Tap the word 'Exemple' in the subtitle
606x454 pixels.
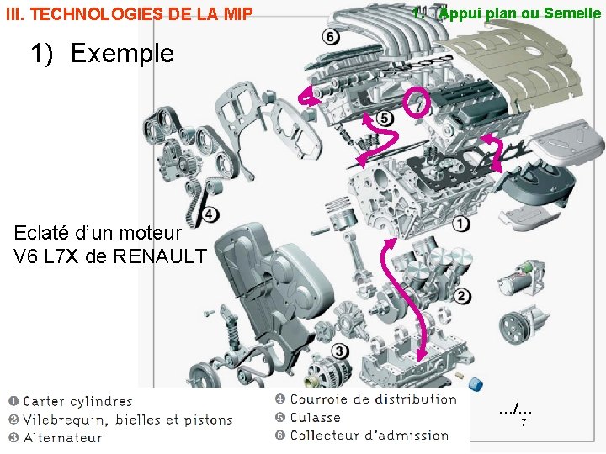click(122, 53)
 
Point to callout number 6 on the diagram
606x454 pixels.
click(330, 36)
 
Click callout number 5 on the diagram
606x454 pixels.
click(385, 118)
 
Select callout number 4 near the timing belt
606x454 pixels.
click(210, 214)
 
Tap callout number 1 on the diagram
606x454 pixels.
click(461, 223)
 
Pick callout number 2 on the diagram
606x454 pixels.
click(462, 295)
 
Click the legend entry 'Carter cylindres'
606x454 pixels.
click(77, 402)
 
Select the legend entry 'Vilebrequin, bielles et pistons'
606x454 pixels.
click(127, 420)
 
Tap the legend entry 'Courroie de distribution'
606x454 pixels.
click(373, 399)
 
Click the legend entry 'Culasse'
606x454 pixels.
click(315, 417)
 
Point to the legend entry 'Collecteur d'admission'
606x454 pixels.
click(369, 435)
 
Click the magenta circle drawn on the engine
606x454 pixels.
click(417, 102)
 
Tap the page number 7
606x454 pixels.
click(524, 422)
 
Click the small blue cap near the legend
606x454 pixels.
click(476, 385)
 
